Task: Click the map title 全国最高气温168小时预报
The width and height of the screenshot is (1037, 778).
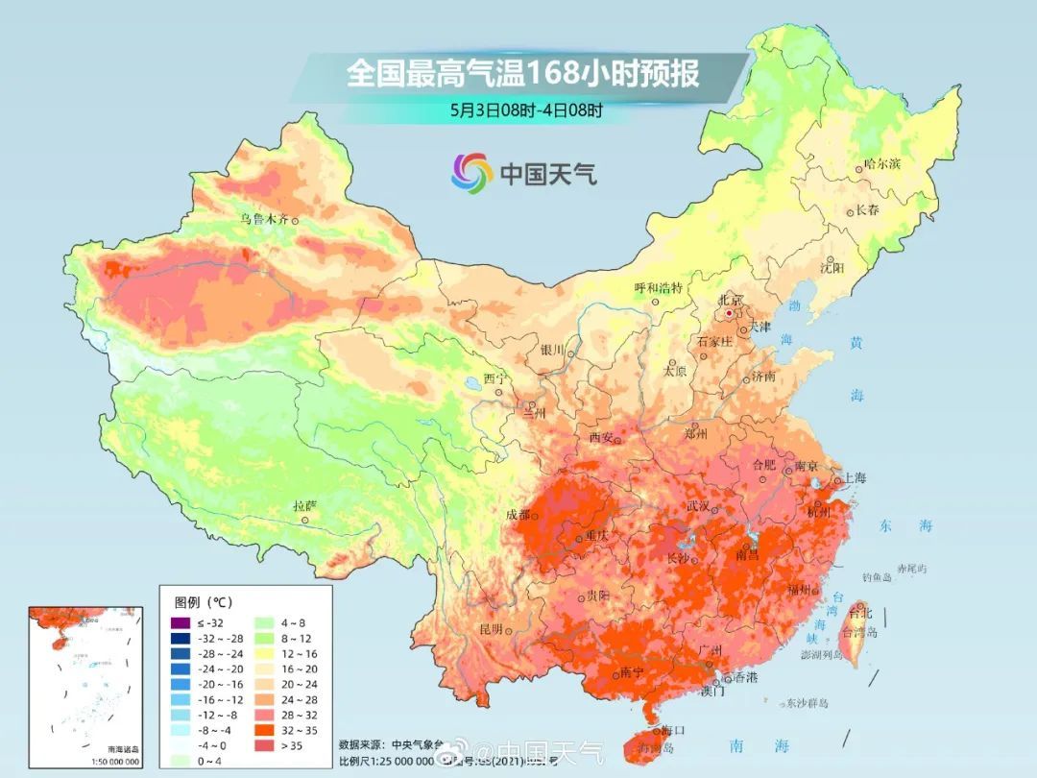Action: click(x=522, y=74)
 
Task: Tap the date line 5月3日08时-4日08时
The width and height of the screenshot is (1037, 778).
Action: click(x=526, y=109)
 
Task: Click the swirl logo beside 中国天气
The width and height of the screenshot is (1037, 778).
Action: click(x=472, y=173)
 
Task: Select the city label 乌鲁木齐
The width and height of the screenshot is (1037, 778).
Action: click(x=264, y=219)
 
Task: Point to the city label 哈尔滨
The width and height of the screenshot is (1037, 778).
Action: click(x=881, y=165)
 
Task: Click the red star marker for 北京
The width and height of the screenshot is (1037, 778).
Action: click(x=730, y=313)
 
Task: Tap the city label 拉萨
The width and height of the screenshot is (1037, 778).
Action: click(x=303, y=505)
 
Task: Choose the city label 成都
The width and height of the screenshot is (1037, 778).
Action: click(x=518, y=514)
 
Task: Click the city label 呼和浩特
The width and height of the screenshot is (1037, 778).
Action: click(x=658, y=287)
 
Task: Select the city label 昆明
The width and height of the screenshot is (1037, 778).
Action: click(x=491, y=629)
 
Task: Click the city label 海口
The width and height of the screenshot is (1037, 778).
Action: click(x=672, y=731)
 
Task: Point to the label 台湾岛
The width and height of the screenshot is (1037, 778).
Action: click(x=859, y=632)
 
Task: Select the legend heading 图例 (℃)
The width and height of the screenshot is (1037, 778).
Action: click(x=203, y=602)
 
